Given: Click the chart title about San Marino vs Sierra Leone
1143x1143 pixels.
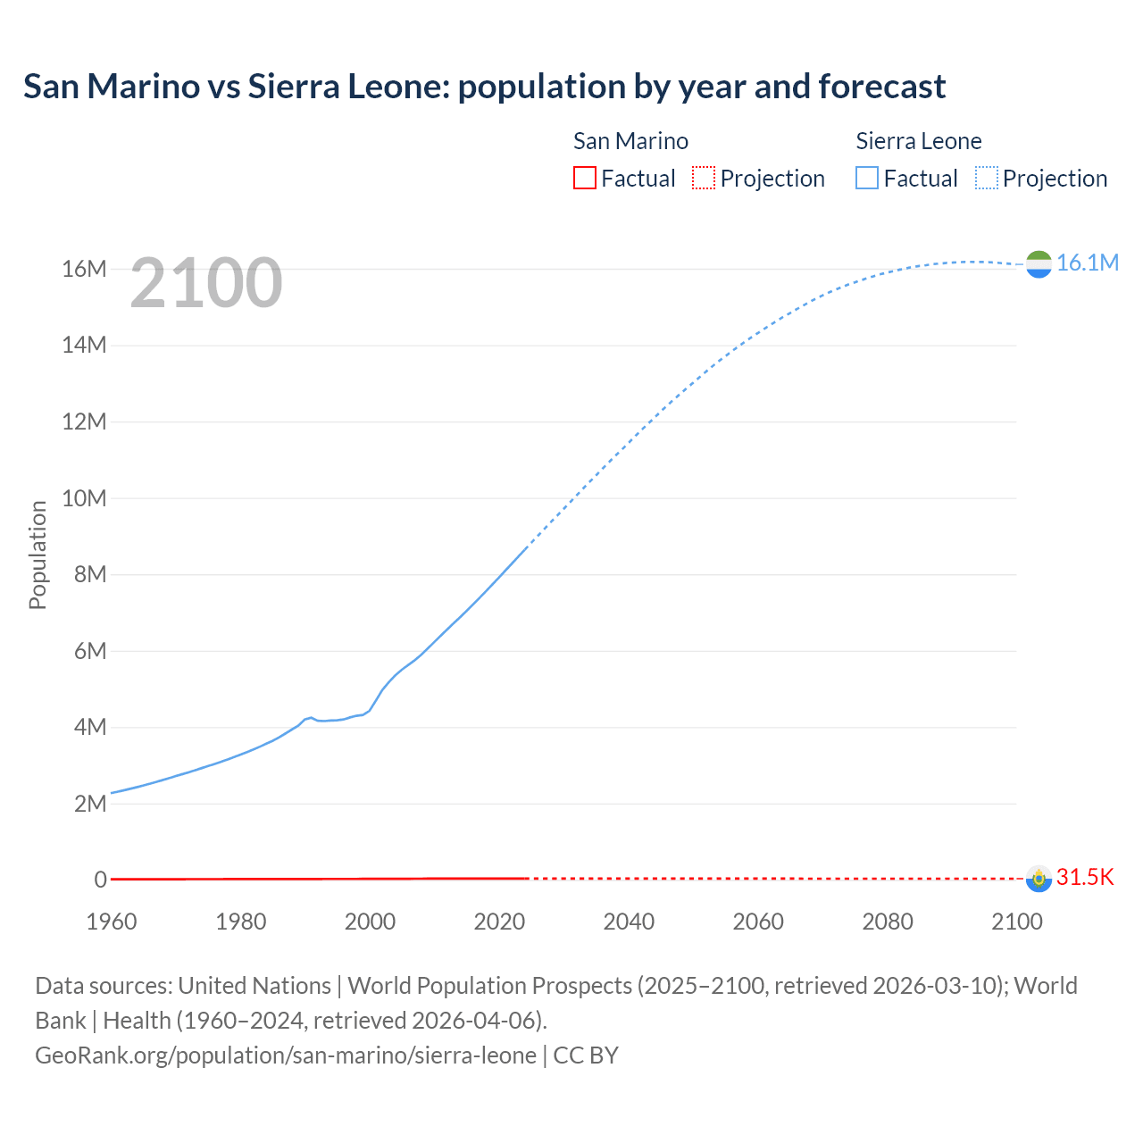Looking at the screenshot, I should coord(484,87).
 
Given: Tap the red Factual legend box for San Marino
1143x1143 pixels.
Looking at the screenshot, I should coord(584,178).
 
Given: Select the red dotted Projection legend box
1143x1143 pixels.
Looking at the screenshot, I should coord(704,178).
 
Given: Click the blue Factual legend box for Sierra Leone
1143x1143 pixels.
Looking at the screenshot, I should coord(867,178).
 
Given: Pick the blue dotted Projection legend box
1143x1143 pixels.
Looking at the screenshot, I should coord(987,178).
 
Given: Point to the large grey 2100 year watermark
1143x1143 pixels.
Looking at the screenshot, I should coord(206,283).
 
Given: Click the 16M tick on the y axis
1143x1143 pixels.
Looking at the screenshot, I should coord(84,269).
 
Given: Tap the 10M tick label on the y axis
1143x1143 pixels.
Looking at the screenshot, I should coord(84,498).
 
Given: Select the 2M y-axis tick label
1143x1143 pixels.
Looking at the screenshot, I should coord(89,804).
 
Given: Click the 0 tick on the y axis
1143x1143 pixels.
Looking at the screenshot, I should coord(101,880).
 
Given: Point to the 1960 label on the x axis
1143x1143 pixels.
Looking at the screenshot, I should coord(112,922).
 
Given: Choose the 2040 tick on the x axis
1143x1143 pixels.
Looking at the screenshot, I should coord(629,922).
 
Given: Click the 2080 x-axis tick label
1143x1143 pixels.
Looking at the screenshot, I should coord(888,922).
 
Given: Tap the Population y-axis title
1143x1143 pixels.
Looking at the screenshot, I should coord(38,555).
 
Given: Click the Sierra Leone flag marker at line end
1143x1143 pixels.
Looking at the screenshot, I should coord(1039,263).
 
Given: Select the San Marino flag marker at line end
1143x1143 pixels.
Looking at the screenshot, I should coord(1039,879).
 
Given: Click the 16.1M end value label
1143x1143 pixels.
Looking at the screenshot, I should coord(1087,263).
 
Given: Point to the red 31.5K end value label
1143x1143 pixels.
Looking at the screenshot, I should coord(1085,877).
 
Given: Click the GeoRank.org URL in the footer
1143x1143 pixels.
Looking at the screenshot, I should coord(286,1055).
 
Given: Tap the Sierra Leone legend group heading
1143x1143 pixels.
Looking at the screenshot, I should coord(919,141).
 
